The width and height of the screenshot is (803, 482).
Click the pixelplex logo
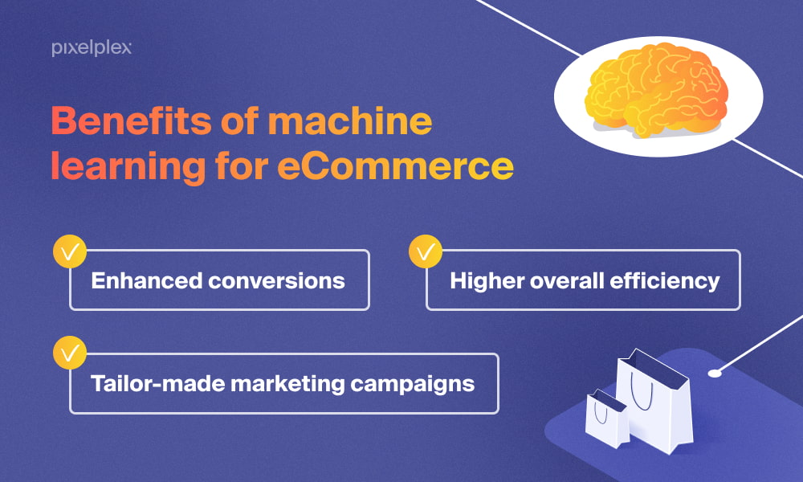click(92, 48)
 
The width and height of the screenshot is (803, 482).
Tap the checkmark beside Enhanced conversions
click(70, 251)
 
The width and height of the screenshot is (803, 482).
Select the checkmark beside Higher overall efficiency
click(426, 251)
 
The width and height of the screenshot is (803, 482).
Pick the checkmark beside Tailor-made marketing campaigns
click(70, 353)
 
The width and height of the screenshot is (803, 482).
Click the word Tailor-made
click(157, 383)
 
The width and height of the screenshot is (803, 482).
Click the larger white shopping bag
click(654, 398)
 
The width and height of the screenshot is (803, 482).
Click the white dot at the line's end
click(714, 372)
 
